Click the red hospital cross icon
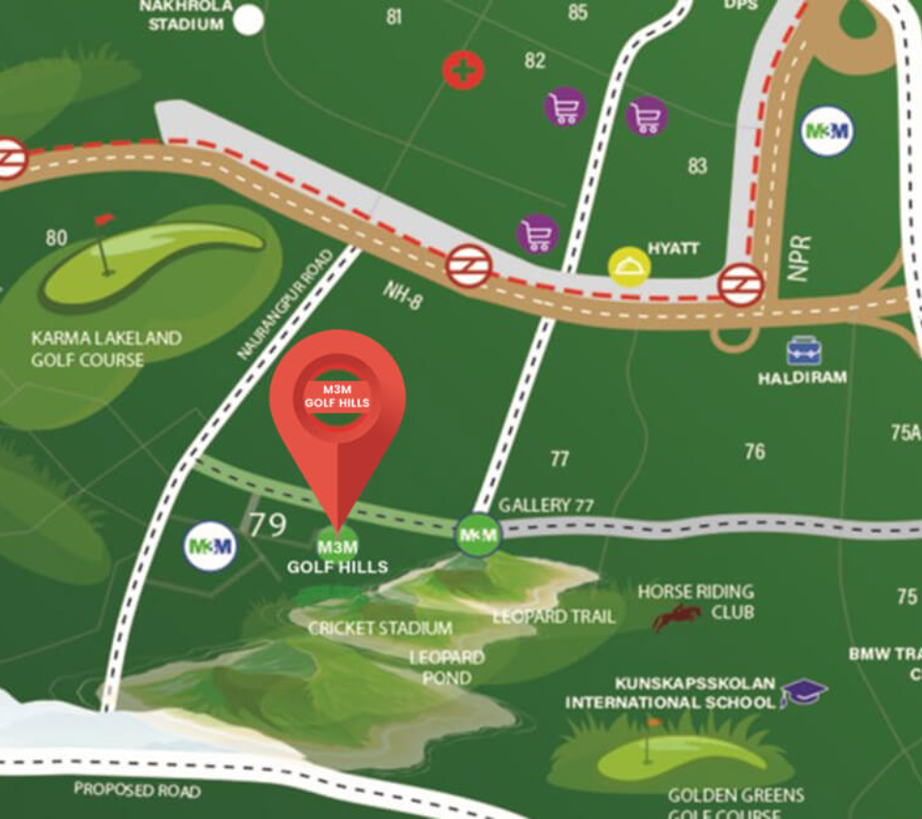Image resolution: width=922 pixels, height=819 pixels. pyautogui.click(x=463, y=69)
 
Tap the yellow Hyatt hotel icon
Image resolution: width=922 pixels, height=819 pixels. pyautogui.click(x=629, y=266)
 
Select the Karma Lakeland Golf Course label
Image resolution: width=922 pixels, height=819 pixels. pyautogui.click(x=106, y=349)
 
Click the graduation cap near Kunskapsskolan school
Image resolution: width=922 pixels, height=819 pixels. pyautogui.click(x=803, y=691)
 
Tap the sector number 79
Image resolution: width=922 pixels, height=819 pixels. pyautogui.click(x=268, y=525)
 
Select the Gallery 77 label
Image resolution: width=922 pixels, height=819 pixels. pyautogui.click(x=546, y=505)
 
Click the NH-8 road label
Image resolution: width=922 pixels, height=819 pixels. pyautogui.click(x=401, y=296)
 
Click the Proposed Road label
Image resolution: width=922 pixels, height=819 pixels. pyautogui.click(x=137, y=790)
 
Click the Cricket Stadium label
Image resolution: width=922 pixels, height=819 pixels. pyautogui.click(x=380, y=628)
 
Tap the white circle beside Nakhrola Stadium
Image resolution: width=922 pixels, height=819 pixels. pyautogui.click(x=249, y=19)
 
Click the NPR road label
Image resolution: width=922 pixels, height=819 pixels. pyautogui.click(x=799, y=257)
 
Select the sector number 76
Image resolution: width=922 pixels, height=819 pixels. pyautogui.click(x=755, y=451)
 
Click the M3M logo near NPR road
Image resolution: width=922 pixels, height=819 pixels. pyautogui.click(x=827, y=132)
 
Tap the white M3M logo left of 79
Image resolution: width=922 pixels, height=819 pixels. pyautogui.click(x=209, y=547)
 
